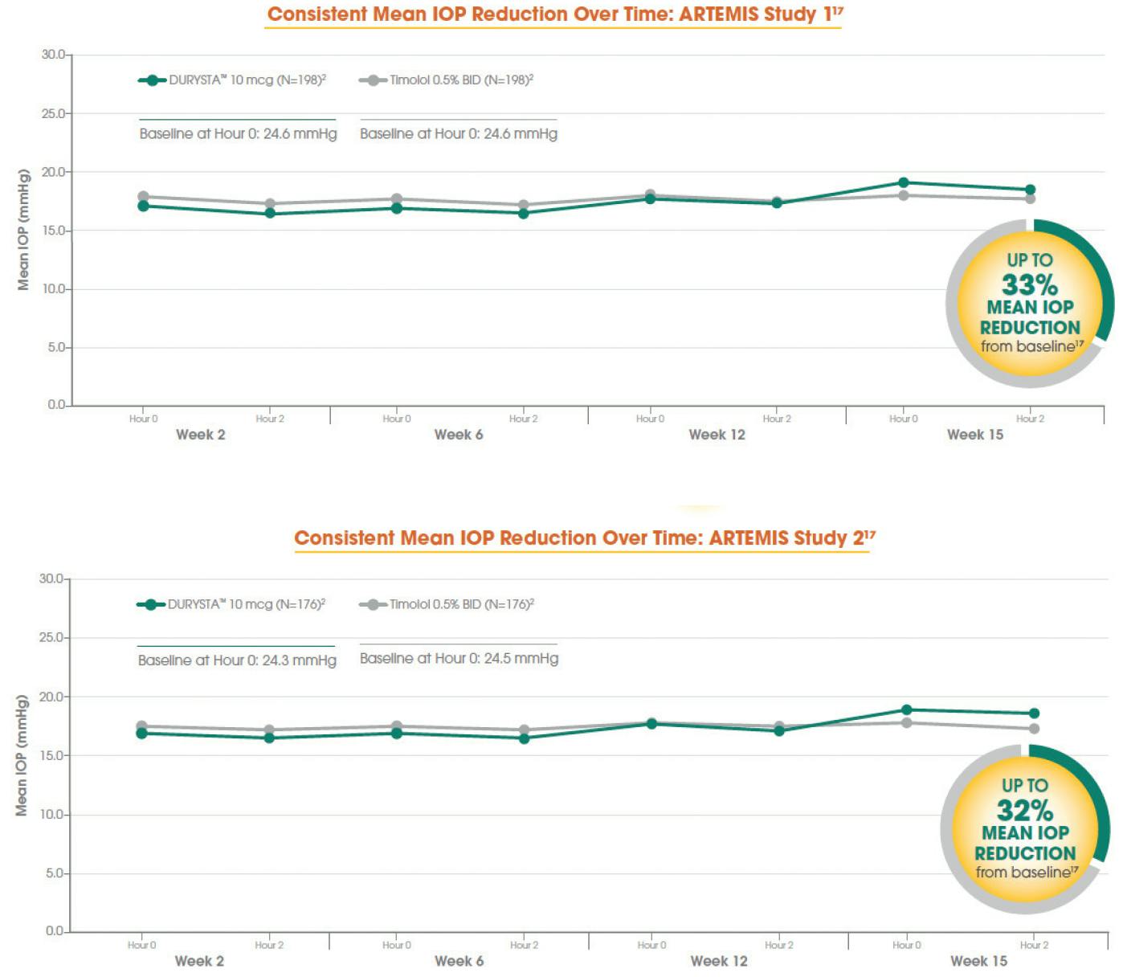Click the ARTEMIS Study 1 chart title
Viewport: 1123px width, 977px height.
coord(554,14)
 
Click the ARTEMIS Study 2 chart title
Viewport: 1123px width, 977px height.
coord(584,538)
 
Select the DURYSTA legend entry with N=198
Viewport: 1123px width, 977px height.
coord(232,80)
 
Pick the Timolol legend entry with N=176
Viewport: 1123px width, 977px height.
coord(447,604)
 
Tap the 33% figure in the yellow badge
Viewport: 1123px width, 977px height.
coord(1029,285)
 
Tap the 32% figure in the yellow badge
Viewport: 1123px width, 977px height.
coord(1024,810)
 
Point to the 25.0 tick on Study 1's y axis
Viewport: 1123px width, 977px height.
coord(54,114)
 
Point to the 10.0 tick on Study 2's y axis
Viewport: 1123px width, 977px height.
coord(52,815)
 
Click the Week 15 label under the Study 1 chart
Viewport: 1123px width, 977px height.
coord(974,435)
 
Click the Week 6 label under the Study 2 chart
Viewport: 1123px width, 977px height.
coord(459,961)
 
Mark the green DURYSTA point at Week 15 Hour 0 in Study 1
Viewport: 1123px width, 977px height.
coord(904,183)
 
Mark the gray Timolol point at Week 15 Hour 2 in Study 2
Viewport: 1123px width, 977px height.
coord(1034,729)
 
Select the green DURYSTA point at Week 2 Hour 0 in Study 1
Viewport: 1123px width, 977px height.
coord(144,206)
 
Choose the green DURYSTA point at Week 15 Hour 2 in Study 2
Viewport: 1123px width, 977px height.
coord(1034,713)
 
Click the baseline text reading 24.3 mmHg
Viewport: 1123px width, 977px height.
coord(237,660)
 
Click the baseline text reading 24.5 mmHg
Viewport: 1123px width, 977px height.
coord(459,659)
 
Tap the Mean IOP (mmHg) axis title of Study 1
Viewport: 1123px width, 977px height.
coord(23,230)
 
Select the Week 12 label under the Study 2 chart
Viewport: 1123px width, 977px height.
coord(718,961)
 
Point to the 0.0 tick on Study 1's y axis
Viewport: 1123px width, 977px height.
coord(56,405)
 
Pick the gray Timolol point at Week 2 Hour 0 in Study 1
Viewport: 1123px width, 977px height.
coord(144,196)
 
